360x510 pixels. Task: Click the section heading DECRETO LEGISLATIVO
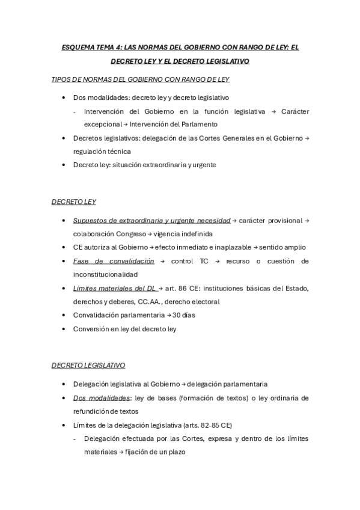(x=88, y=365)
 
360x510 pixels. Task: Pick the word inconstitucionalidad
(x=109, y=274)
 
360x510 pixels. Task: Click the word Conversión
(x=91, y=329)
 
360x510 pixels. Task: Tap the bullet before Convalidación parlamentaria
(x=64, y=315)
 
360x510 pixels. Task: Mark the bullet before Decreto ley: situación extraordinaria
(x=64, y=165)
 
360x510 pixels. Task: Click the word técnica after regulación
(x=118, y=152)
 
